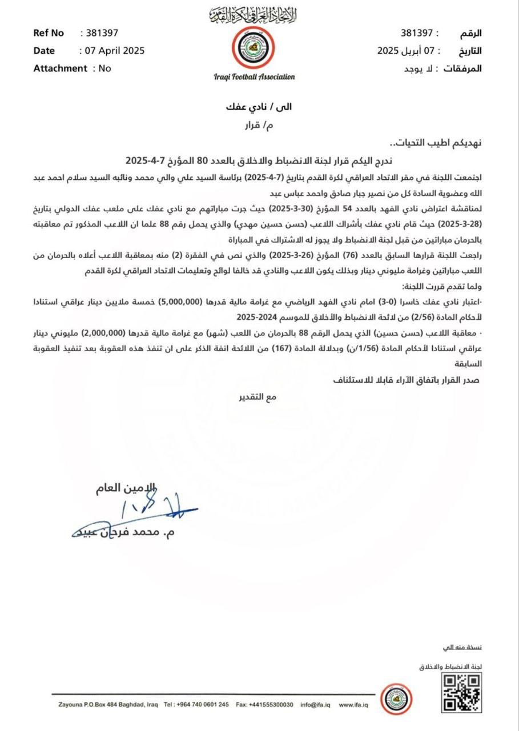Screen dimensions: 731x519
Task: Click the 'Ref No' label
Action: [49, 33]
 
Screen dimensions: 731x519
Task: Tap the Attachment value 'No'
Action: [104, 68]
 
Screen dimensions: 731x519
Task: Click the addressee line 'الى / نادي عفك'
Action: [259, 107]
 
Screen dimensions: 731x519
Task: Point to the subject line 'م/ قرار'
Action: [259, 126]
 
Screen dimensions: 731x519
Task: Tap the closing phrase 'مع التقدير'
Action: [258, 396]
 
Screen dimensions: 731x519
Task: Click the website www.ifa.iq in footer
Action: [353, 704]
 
